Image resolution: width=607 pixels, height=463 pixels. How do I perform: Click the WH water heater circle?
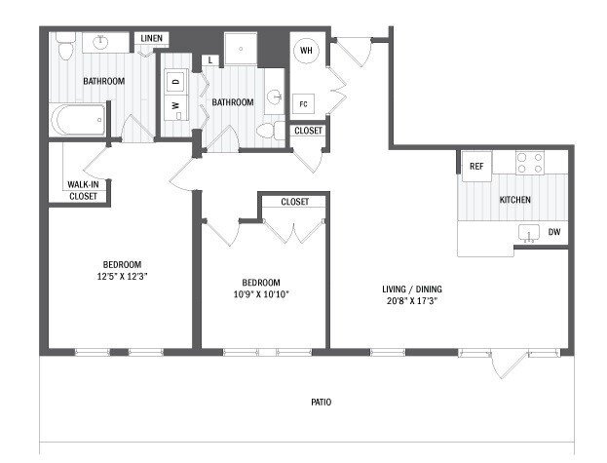(305, 52)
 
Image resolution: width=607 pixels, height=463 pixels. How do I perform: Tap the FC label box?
(304, 103)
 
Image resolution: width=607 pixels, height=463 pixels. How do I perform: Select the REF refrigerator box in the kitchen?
(476, 167)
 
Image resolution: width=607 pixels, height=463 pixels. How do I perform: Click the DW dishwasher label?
(553, 232)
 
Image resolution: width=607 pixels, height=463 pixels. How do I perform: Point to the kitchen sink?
(529, 233)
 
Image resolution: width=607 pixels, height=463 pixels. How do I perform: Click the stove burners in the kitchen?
(533, 161)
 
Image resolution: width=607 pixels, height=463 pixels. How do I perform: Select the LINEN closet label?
(152, 39)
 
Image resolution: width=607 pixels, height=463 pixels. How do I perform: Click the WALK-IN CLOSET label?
(83, 190)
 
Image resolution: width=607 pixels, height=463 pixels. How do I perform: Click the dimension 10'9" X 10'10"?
(261, 292)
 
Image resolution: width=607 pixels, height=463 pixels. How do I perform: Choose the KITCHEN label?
(514, 200)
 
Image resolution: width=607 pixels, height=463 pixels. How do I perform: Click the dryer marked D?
(176, 82)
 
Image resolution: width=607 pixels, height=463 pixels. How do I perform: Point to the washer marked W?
(176, 104)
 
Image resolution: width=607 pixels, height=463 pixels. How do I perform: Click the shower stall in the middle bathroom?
(239, 51)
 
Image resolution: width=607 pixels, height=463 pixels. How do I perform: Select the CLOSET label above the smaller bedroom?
(294, 202)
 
